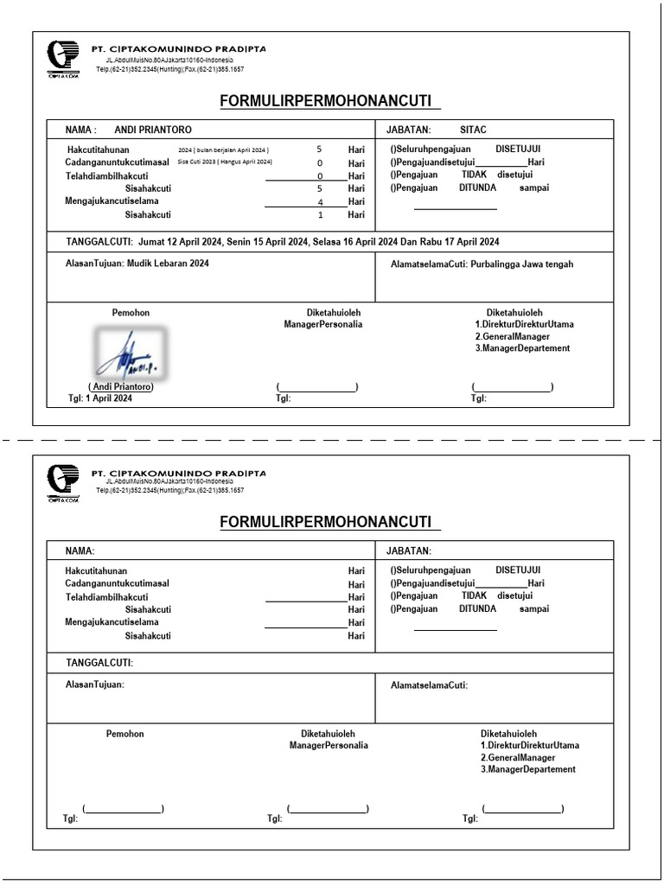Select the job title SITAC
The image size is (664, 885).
pyautogui.click(x=474, y=130)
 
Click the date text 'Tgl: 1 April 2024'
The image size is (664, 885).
pyautogui.click(x=100, y=398)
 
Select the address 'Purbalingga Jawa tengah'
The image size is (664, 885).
pyautogui.click(x=523, y=264)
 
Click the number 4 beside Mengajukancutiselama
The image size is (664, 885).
pyautogui.click(x=320, y=201)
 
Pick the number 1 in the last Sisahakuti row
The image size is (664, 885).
pyautogui.click(x=320, y=214)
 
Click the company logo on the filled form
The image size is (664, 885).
pyautogui.click(x=63, y=57)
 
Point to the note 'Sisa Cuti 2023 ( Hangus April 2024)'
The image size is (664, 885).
pyautogui.click(x=225, y=162)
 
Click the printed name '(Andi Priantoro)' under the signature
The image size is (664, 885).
pyautogui.click(x=120, y=387)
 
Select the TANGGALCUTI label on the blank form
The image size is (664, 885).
pyautogui.click(x=100, y=663)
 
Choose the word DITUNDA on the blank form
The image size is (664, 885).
pyautogui.click(x=477, y=608)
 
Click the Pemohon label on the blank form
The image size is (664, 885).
pyautogui.click(x=125, y=734)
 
